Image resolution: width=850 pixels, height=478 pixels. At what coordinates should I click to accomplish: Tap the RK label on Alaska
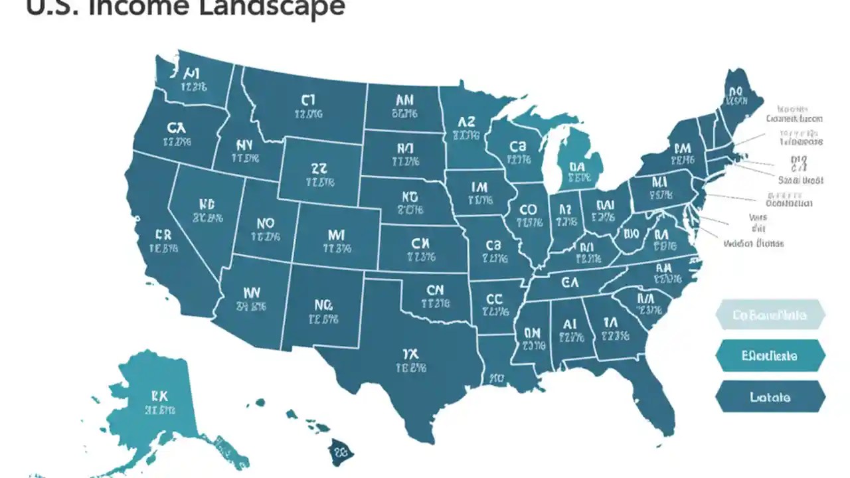tap(159, 396)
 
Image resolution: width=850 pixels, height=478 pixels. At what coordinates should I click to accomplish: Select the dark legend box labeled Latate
tap(770, 397)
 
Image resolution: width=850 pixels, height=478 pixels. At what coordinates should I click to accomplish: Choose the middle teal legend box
tap(770, 356)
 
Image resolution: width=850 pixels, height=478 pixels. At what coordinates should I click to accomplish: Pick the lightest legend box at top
tap(770, 315)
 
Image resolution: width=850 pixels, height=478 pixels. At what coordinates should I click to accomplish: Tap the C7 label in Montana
tap(307, 100)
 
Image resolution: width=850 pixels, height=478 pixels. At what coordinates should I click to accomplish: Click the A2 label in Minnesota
tap(467, 122)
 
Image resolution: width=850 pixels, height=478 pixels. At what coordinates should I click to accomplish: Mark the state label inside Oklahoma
tap(434, 290)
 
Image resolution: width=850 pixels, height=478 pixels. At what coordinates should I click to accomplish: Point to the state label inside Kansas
tap(421, 244)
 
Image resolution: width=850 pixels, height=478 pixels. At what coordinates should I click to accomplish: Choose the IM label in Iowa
tap(478, 187)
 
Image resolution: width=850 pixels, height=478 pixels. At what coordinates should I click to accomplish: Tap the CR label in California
tap(163, 235)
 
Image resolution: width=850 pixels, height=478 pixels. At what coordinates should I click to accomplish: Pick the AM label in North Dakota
tap(404, 100)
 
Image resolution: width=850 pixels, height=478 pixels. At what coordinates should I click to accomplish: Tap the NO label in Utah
tap(264, 224)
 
